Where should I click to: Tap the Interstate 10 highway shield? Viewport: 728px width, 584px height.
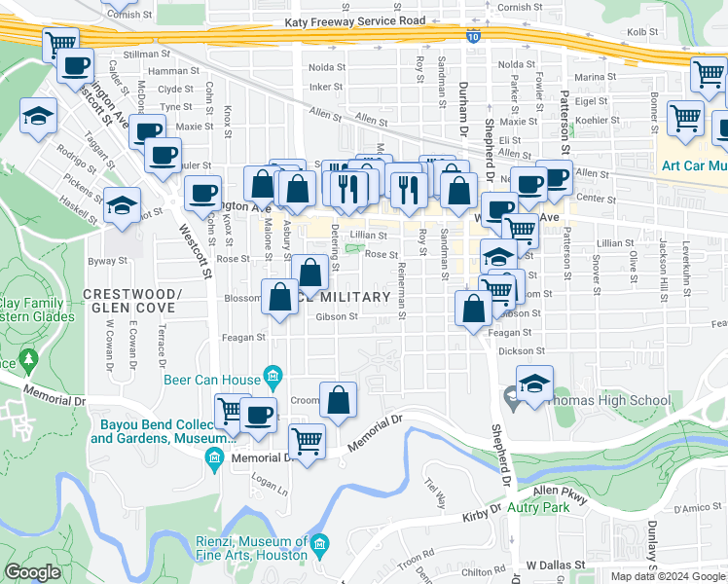point(472,37)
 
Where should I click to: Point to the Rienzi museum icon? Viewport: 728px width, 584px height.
point(322,541)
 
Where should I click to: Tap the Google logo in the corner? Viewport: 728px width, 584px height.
point(32,572)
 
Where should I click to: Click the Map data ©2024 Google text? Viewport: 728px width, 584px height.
point(668,576)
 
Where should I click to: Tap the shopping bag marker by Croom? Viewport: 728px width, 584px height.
point(338,400)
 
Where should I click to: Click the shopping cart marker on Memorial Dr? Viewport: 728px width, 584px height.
point(308,441)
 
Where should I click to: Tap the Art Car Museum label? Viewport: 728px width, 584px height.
point(694,164)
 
